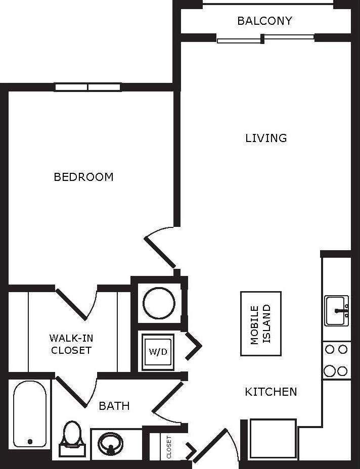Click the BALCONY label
pos(264,21)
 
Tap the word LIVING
pos(266,138)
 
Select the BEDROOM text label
pos(83,177)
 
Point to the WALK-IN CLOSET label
pos(71,344)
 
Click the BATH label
pos(114,406)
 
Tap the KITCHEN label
pos(271,392)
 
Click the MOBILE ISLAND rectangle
pos(260,323)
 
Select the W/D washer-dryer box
pos(158,352)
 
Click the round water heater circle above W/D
pos(159,303)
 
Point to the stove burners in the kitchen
pos(336,360)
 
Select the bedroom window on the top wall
pos(88,87)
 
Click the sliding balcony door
pos(265,38)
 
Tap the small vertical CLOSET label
pos(169,447)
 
